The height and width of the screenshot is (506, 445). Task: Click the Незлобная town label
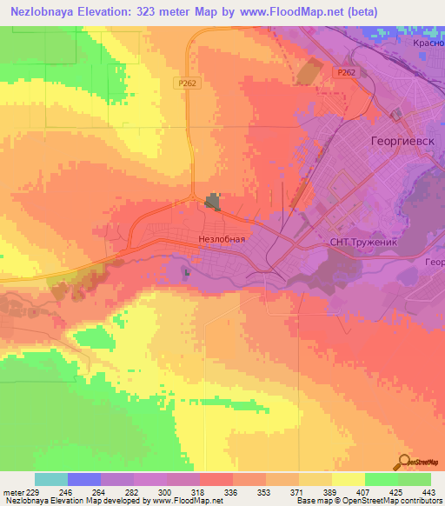pyautogui.click(x=216, y=237)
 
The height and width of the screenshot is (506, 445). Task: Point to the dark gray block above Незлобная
pyautogui.click(x=212, y=203)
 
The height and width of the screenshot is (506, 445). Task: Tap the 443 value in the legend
pyautogui.click(x=429, y=491)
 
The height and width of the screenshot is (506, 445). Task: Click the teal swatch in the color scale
pyautogui.click(x=51, y=479)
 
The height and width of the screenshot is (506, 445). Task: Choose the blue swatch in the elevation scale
pyautogui.click(x=84, y=479)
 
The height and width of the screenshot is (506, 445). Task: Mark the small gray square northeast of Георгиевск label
pyautogui.click(x=397, y=114)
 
